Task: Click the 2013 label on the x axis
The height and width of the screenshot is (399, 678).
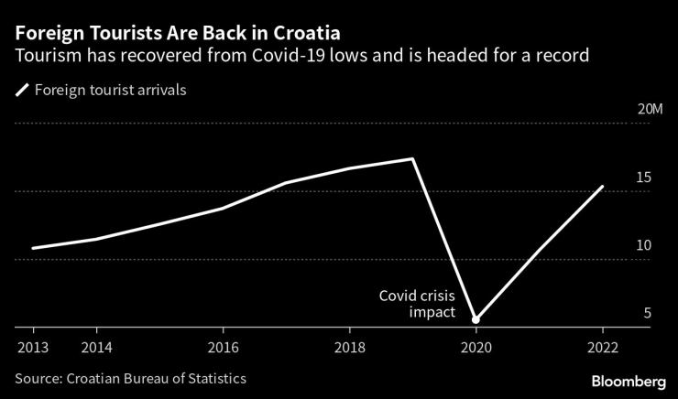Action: pyautogui.click(x=33, y=347)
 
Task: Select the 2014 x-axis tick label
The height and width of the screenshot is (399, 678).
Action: pyautogui.click(x=96, y=347)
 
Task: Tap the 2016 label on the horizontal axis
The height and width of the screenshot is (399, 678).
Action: pyautogui.click(x=223, y=347)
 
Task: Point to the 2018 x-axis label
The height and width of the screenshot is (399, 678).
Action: pyautogui.click(x=349, y=347)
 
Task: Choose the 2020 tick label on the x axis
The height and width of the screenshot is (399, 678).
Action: pyautogui.click(x=476, y=347)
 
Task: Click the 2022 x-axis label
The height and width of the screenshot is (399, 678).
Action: pyautogui.click(x=602, y=347)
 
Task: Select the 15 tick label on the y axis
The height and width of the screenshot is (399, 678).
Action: pyautogui.click(x=643, y=178)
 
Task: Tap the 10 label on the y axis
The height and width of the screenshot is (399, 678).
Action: pyautogui.click(x=643, y=245)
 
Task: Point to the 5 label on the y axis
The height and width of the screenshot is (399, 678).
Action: pyautogui.click(x=647, y=313)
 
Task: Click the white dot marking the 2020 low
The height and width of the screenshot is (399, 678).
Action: pyautogui.click(x=476, y=319)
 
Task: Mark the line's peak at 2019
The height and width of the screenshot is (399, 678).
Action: pyautogui.click(x=412, y=159)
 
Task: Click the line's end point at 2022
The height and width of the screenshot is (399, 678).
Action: pyautogui.click(x=602, y=187)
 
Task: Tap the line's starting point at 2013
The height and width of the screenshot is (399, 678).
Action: pyautogui.click(x=33, y=248)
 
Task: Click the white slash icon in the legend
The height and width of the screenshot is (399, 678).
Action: pyautogui.click(x=22, y=90)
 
